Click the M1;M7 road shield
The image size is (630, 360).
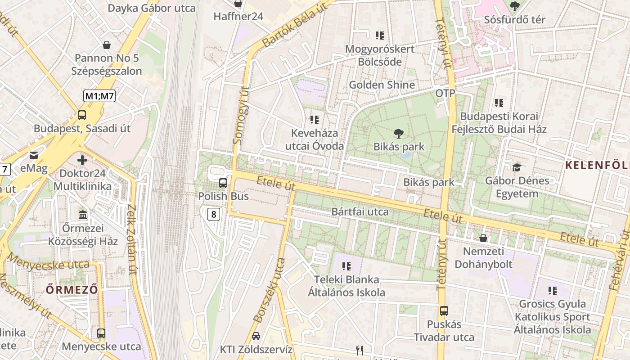coord(99,95)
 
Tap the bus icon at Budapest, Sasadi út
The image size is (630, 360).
coord(82,115)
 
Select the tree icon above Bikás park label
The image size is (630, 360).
coord(398,133)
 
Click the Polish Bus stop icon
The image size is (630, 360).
coord(223,183)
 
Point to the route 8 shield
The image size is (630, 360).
coord(214,214)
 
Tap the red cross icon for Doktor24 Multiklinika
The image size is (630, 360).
coord(82,160)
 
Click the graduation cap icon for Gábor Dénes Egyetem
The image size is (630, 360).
coord(517,167)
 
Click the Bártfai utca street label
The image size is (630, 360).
coord(360,211)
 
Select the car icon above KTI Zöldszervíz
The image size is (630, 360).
coord(256,336)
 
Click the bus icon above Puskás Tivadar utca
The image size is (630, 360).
coord(444,310)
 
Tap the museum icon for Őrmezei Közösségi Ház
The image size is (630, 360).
coord(83,215)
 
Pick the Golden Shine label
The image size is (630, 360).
coord(382,85)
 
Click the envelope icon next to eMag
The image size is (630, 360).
coord(34,155)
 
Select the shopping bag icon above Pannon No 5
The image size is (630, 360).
coord(107,45)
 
